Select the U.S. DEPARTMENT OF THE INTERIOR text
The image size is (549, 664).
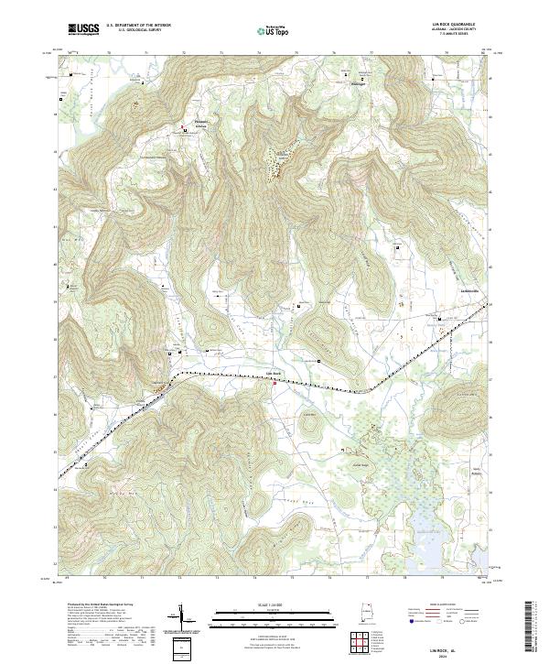[137, 26]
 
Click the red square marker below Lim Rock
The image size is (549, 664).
[274, 385]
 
